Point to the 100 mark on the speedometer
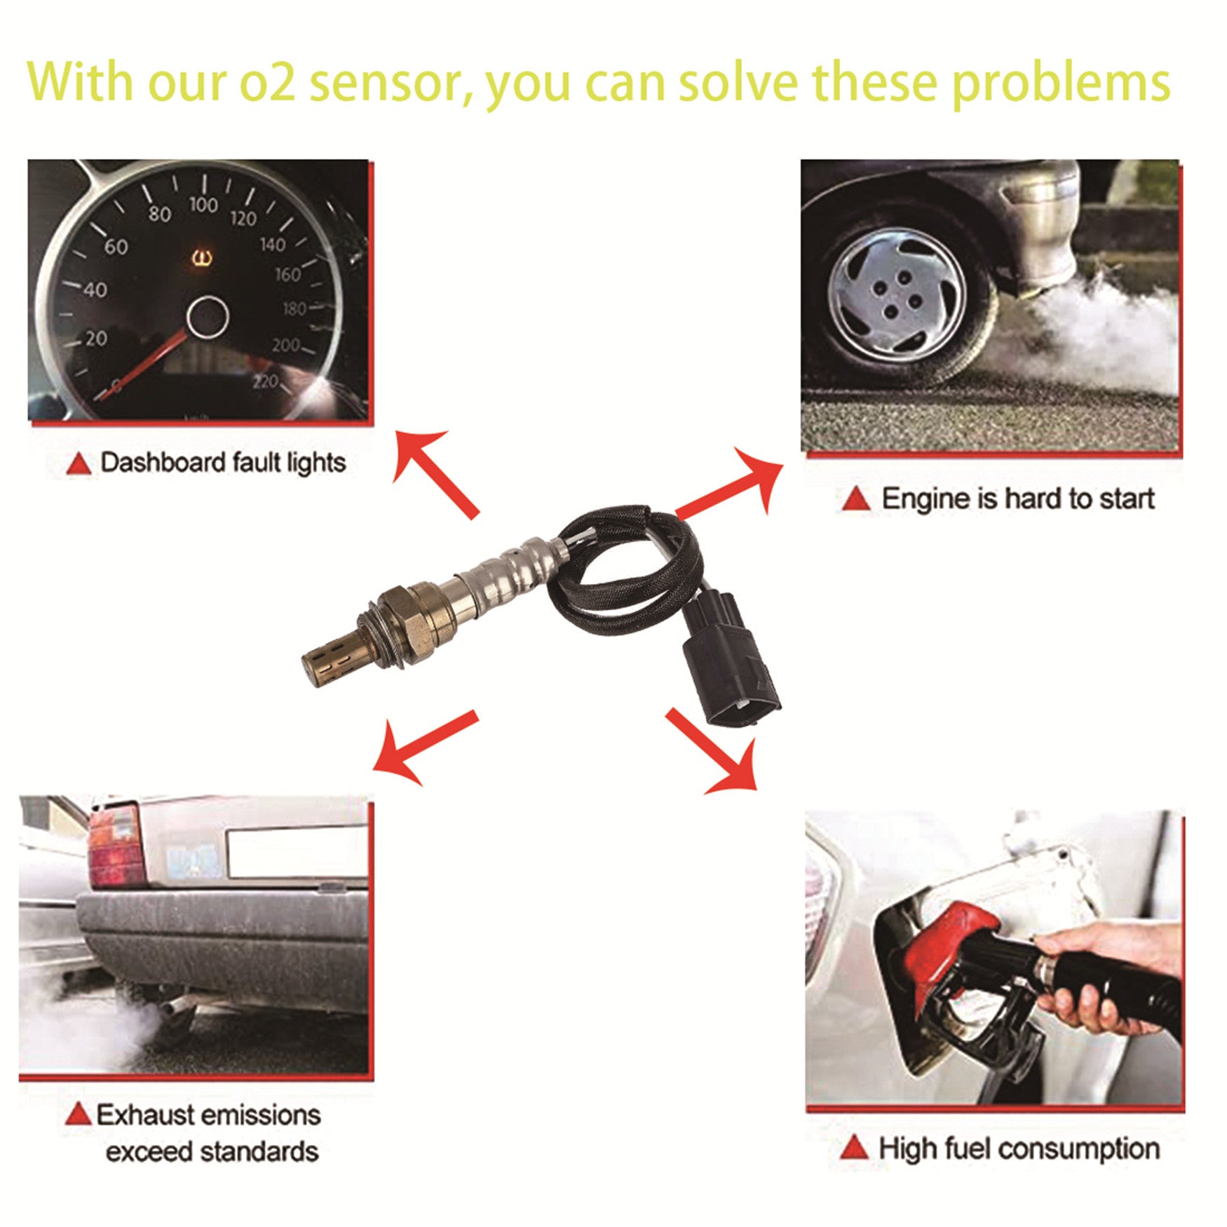click(x=203, y=205)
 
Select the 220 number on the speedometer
click(x=266, y=381)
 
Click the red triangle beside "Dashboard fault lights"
click(x=79, y=464)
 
